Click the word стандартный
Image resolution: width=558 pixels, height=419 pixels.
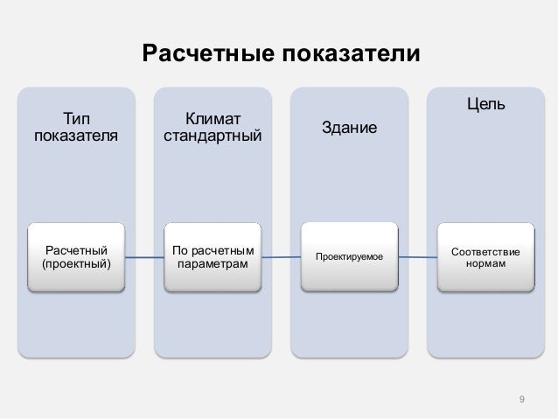click(212, 136)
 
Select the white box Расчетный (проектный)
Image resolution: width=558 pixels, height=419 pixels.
click(77, 256)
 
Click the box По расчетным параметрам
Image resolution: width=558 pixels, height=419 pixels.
click(212, 256)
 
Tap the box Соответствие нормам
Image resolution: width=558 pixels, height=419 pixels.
click(485, 257)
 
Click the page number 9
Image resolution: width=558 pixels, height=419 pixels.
click(521, 401)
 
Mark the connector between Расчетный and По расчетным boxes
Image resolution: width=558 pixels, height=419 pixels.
click(144, 256)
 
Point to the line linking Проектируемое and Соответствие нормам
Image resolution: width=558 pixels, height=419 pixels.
click(418, 256)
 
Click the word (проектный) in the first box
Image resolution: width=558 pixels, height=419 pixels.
click(77, 264)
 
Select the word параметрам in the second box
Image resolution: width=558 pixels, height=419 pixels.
click(212, 264)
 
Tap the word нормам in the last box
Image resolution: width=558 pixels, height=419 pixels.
click(485, 264)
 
